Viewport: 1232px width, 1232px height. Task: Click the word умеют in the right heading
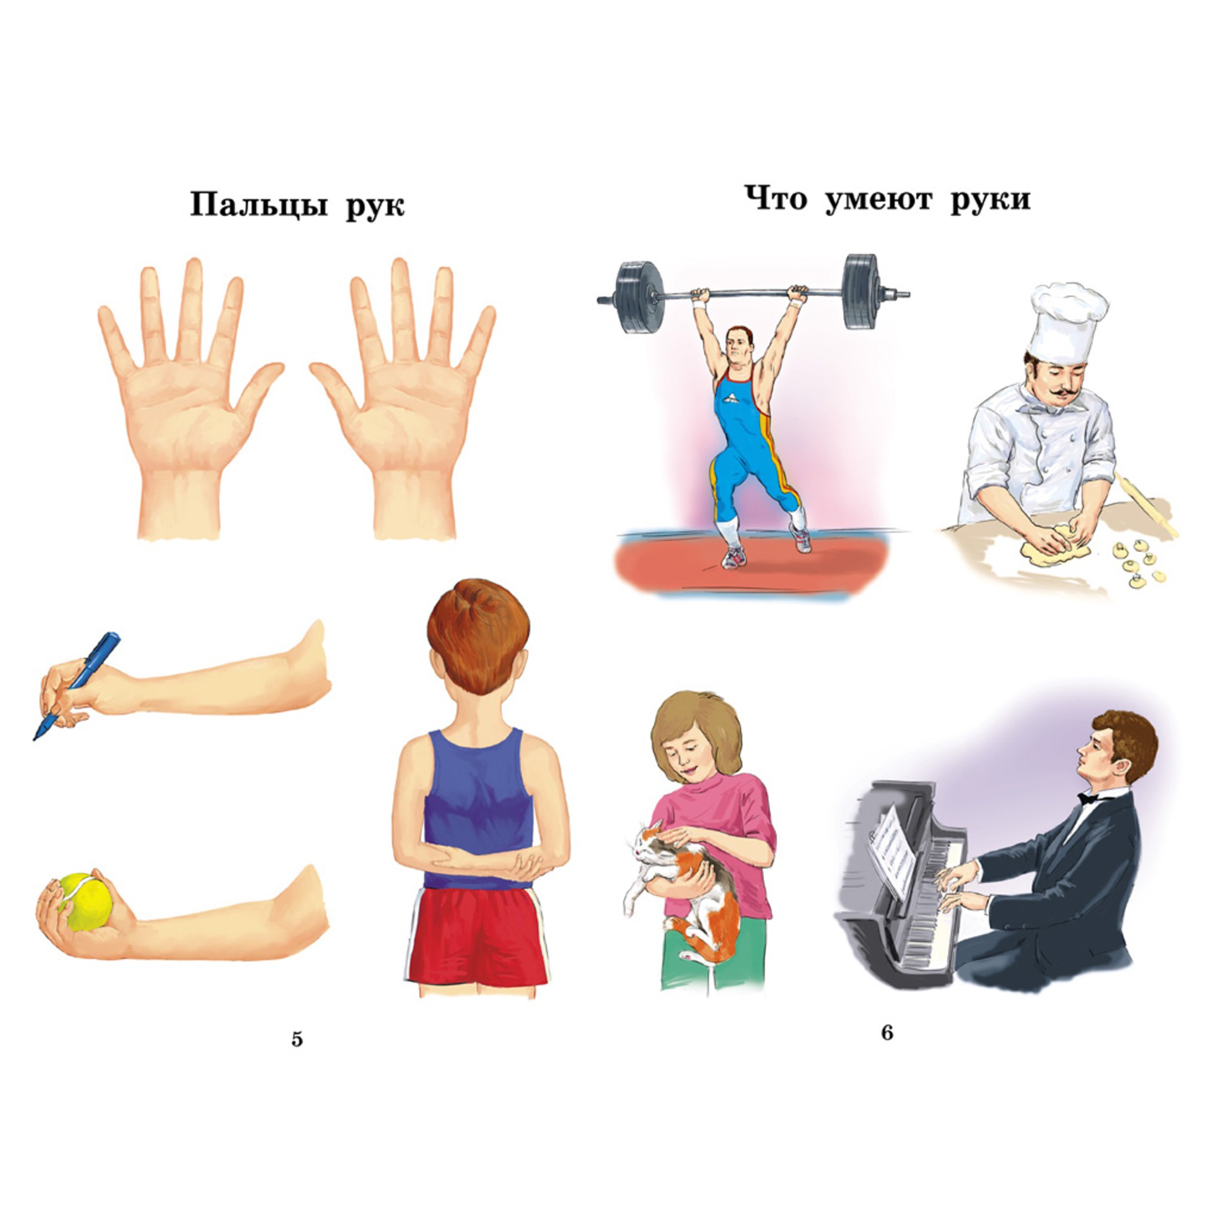tap(878, 199)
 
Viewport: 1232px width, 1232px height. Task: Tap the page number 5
tap(297, 1039)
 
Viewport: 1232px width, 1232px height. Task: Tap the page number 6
tap(886, 1032)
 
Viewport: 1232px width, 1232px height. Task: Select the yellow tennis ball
tap(85, 901)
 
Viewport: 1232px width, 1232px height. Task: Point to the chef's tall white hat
tap(1069, 322)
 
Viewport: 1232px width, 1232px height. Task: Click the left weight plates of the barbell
tap(637, 297)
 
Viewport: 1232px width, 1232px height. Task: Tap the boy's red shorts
tap(478, 935)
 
